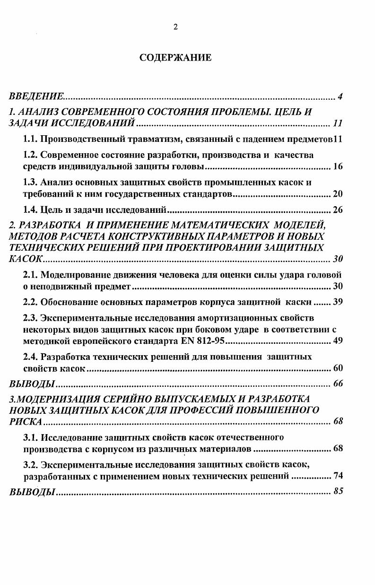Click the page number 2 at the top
coord(175,27)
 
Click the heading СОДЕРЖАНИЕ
coord(175,58)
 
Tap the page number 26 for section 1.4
coord(338,210)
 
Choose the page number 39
coord(338,302)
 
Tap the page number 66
coord(338,384)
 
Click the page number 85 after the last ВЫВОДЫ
coord(338,491)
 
